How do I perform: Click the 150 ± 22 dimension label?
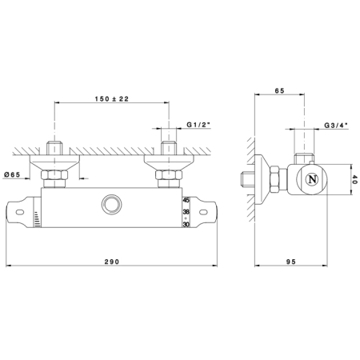pyautogui.click(x=112, y=99)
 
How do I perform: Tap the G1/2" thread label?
pyautogui.click(x=198, y=125)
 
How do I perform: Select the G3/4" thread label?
pyautogui.click(x=336, y=125)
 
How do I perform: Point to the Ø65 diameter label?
pyautogui.click(x=12, y=174)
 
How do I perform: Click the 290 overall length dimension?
pyautogui.click(x=112, y=262)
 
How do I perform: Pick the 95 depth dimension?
pyautogui.click(x=291, y=262)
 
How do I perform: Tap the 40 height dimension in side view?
pyautogui.click(x=354, y=179)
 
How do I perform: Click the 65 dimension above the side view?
pyautogui.click(x=279, y=90)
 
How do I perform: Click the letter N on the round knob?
pyautogui.click(x=312, y=179)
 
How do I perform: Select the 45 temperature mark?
pyautogui.click(x=186, y=200)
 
